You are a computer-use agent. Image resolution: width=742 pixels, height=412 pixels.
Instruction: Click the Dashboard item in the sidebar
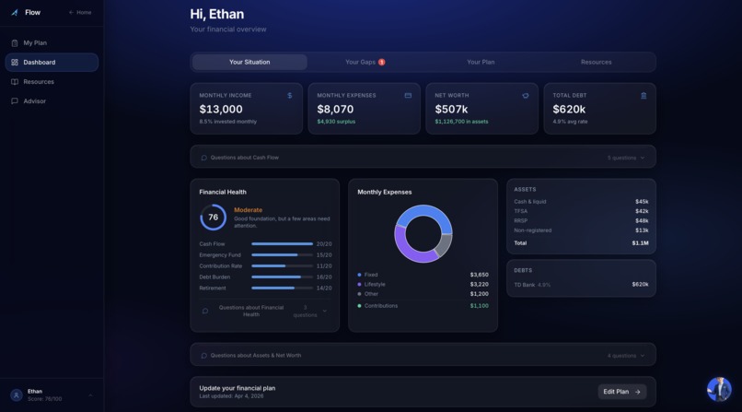pyautogui.click(x=40, y=63)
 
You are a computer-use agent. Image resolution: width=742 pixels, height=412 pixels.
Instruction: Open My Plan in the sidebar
pyautogui.click(x=35, y=43)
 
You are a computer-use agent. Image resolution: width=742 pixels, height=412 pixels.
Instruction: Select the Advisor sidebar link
pyautogui.click(x=35, y=101)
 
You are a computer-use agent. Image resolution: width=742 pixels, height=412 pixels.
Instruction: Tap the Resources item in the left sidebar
pyautogui.click(x=39, y=82)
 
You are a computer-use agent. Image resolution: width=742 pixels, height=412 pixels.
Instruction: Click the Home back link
pyautogui.click(x=80, y=13)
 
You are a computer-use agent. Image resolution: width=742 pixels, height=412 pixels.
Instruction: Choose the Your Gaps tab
pyautogui.click(x=365, y=62)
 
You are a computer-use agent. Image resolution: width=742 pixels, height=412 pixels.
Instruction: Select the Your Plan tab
pyautogui.click(x=481, y=62)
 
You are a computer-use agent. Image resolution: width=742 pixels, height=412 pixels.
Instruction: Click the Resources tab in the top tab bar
pyautogui.click(x=596, y=62)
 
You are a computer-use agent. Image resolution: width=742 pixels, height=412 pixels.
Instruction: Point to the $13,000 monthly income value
pyautogui.click(x=221, y=109)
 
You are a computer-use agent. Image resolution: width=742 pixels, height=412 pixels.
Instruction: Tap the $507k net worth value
pyautogui.click(x=451, y=109)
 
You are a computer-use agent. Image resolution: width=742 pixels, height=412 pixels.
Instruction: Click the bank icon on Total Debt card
pyautogui.click(x=643, y=96)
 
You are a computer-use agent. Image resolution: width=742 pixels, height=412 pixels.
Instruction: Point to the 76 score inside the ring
pyautogui.click(x=213, y=218)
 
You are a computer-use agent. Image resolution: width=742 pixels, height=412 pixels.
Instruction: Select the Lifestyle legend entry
pyautogui.click(x=374, y=285)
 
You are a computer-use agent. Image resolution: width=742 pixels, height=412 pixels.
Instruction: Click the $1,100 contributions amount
pyautogui.click(x=479, y=306)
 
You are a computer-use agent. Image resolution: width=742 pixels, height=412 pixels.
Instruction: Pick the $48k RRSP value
pyautogui.click(x=641, y=221)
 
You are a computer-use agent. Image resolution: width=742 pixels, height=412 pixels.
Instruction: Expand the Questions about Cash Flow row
pyautogui.click(x=423, y=158)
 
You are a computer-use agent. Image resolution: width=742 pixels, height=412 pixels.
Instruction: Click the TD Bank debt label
pyautogui.click(x=525, y=285)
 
